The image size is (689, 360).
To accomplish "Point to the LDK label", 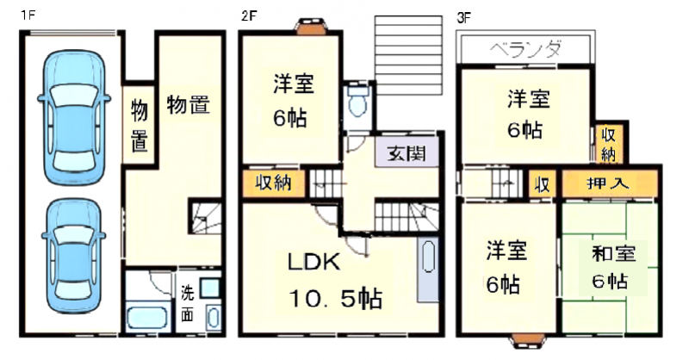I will (x=314, y=263).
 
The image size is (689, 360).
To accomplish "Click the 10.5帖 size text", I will (x=336, y=299).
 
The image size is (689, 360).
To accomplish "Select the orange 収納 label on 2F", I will (x=270, y=183).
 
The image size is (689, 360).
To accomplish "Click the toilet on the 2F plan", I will (x=357, y=102).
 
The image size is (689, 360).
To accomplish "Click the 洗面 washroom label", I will (x=188, y=303).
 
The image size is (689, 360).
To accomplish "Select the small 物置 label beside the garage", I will (x=139, y=126).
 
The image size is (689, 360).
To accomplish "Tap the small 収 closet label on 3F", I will (x=542, y=183).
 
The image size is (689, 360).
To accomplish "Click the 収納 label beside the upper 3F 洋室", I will (x=609, y=143).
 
